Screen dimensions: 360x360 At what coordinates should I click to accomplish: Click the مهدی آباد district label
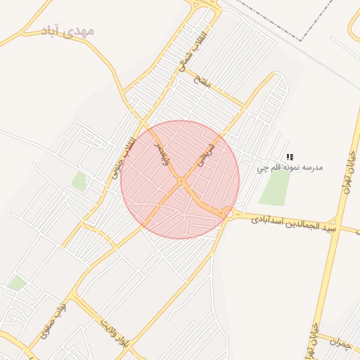click(67, 32)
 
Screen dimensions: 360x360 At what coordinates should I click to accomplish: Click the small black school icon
click(290, 157)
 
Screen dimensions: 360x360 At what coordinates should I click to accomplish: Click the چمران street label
click(339, 342)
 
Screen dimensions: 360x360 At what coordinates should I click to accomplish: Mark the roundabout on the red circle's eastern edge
click(229, 212)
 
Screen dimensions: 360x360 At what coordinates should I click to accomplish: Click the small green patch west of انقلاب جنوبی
click(79, 182)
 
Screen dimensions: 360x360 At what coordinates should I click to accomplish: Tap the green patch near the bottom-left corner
click(18, 283)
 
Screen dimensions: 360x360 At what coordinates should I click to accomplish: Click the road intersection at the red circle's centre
click(181, 181)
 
